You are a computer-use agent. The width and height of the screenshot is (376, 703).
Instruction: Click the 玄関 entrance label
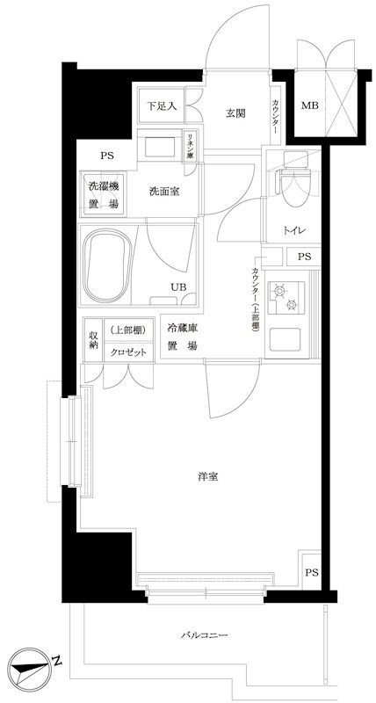click(x=235, y=112)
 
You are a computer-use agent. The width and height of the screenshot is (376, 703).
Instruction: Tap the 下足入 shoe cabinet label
click(x=161, y=106)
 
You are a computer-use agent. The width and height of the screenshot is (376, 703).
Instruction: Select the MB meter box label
click(x=310, y=106)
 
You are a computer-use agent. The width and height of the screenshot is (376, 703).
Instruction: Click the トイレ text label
click(x=293, y=230)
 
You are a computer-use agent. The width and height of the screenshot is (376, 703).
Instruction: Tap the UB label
click(x=177, y=286)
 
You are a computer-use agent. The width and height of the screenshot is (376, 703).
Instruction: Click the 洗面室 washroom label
click(x=164, y=191)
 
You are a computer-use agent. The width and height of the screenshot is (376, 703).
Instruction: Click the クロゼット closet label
click(x=129, y=350)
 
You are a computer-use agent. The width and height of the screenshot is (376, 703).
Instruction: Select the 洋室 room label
click(x=208, y=476)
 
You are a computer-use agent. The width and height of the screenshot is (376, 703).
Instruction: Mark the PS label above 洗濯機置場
click(x=107, y=156)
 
